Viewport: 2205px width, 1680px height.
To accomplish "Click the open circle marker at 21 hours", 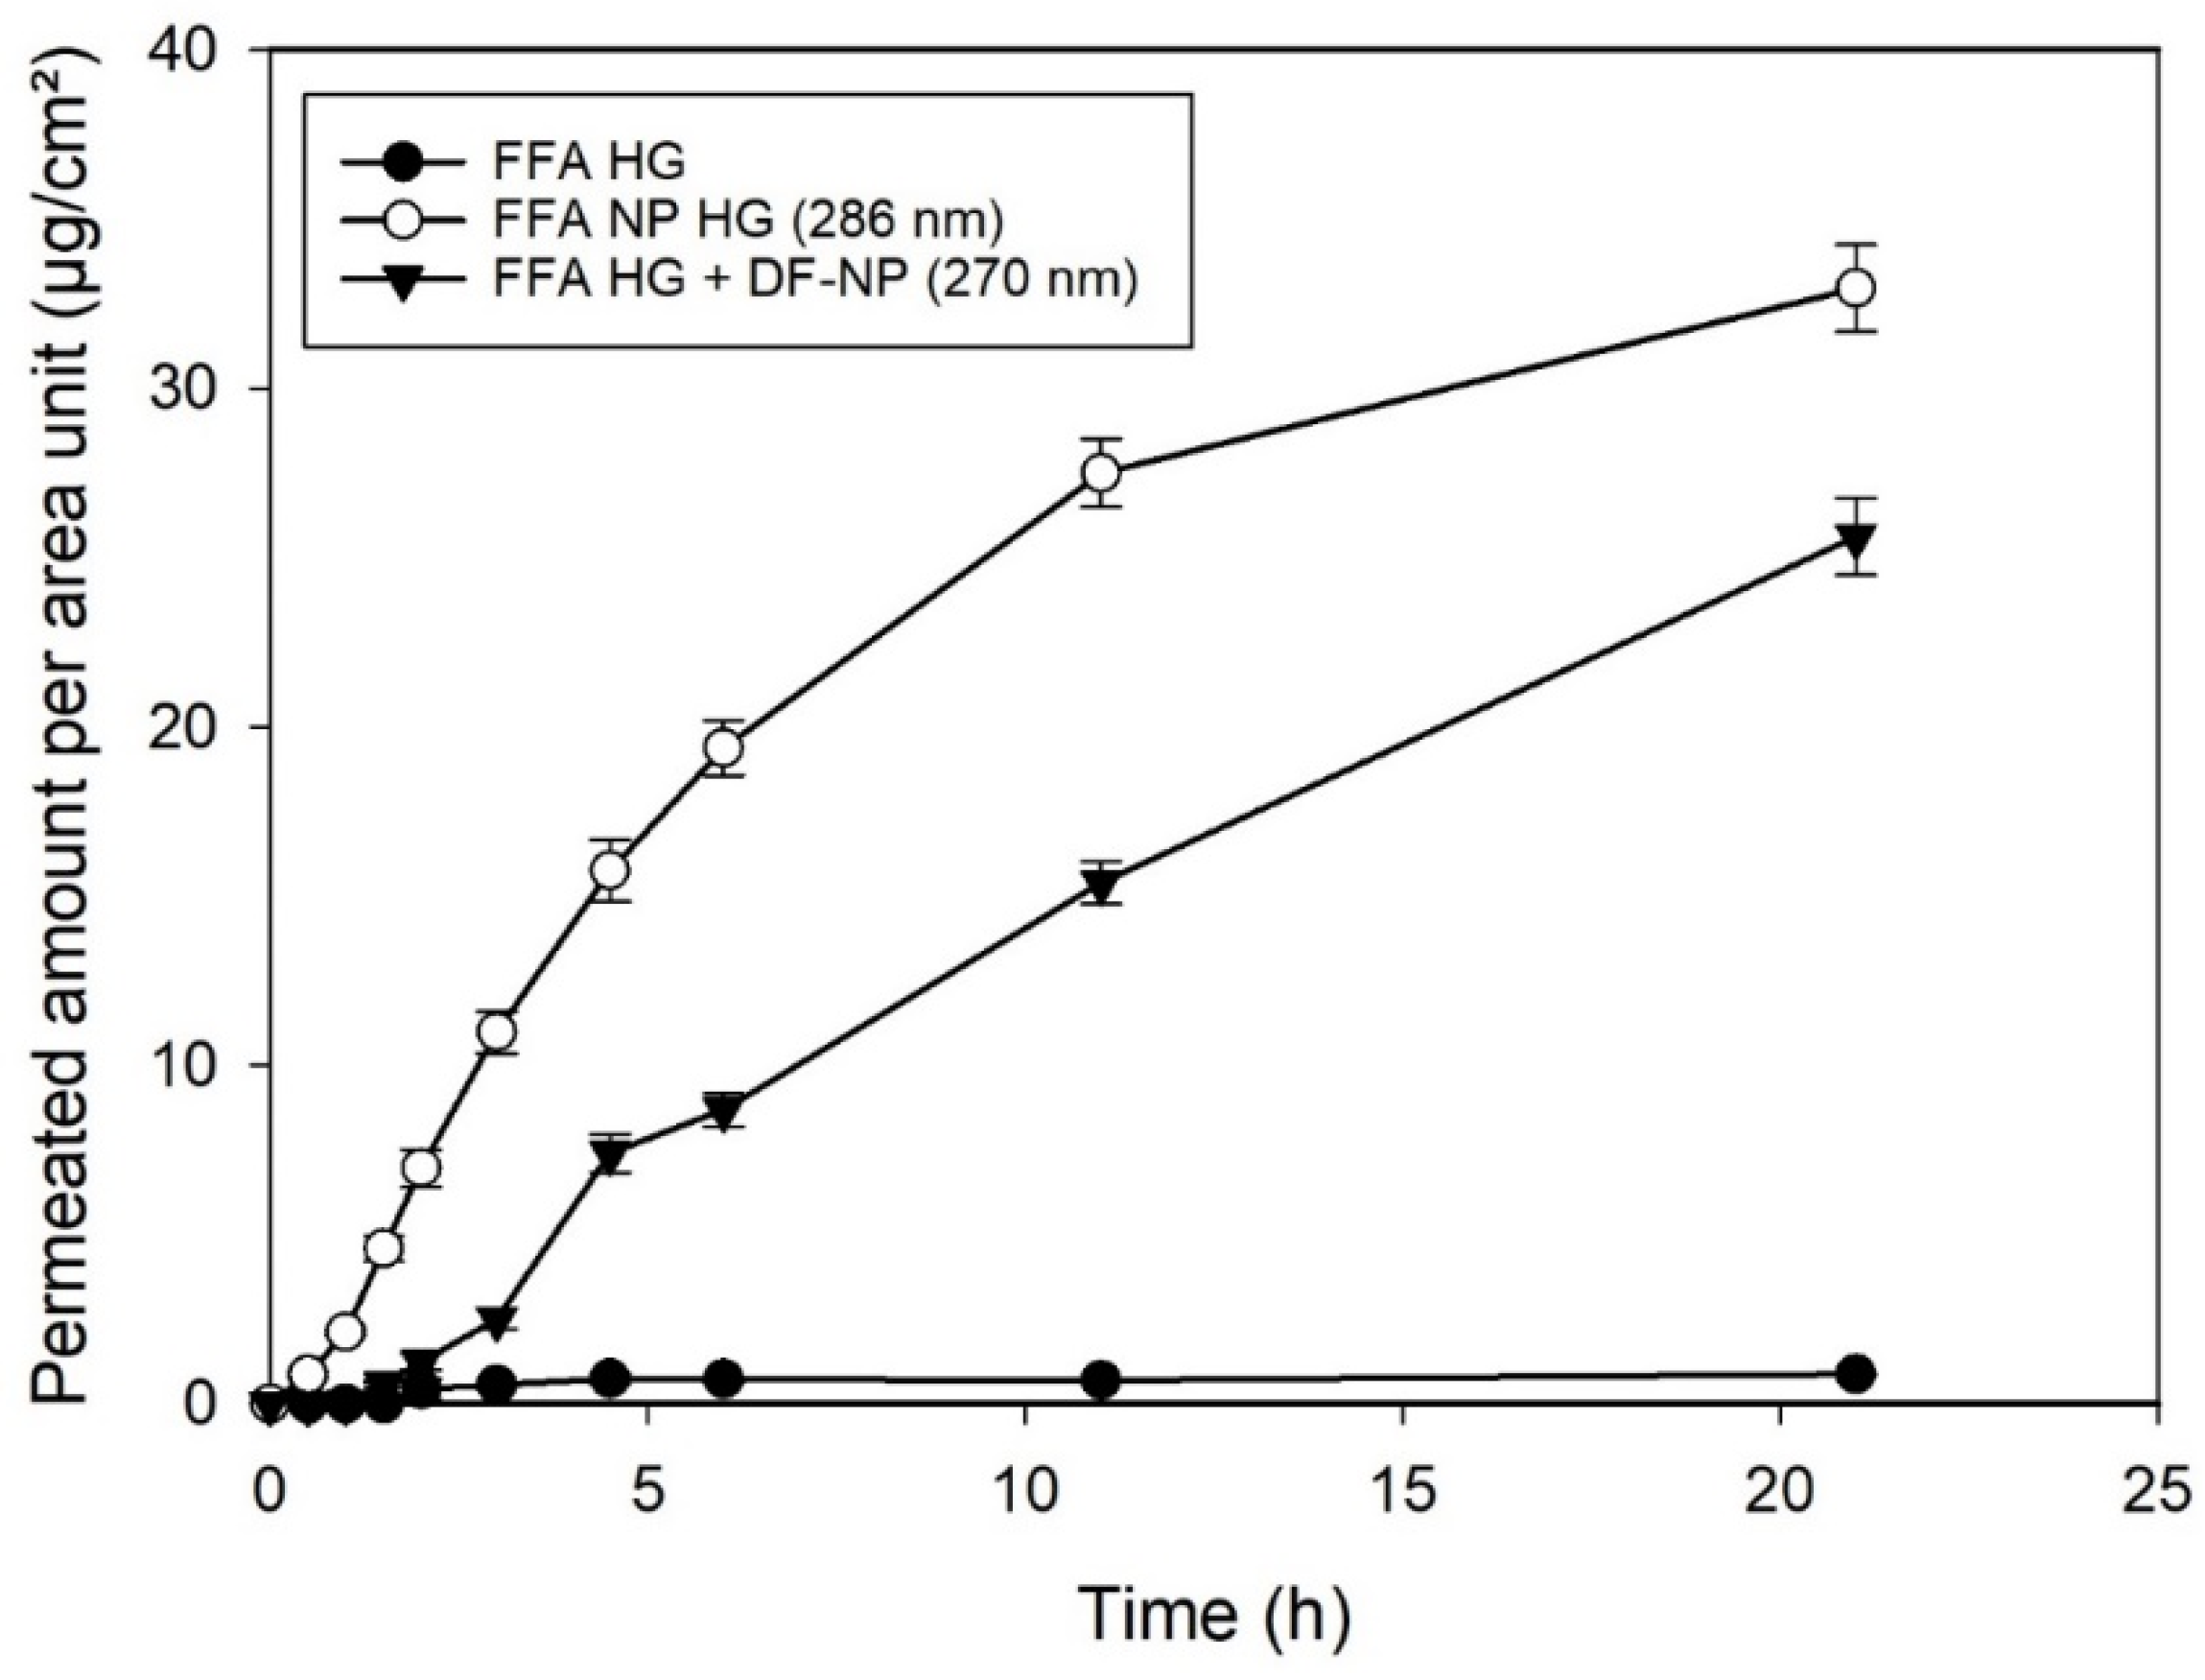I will [1856, 288].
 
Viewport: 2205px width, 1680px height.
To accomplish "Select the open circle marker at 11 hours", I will [1101, 472].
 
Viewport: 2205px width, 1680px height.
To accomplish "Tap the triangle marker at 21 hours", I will [1856, 540].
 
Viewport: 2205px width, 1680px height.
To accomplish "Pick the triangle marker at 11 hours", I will [1101, 885].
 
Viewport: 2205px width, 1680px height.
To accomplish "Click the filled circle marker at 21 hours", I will [1856, 1374].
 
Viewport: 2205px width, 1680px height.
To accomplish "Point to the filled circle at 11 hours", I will [1101, 1380].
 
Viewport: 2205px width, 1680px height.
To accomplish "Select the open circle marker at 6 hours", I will [725, 748].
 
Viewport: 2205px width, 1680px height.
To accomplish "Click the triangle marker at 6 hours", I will [725, 1109].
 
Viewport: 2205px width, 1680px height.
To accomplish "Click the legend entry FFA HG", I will [589, 162].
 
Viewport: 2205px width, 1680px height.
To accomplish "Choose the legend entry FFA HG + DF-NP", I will [814, 281].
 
